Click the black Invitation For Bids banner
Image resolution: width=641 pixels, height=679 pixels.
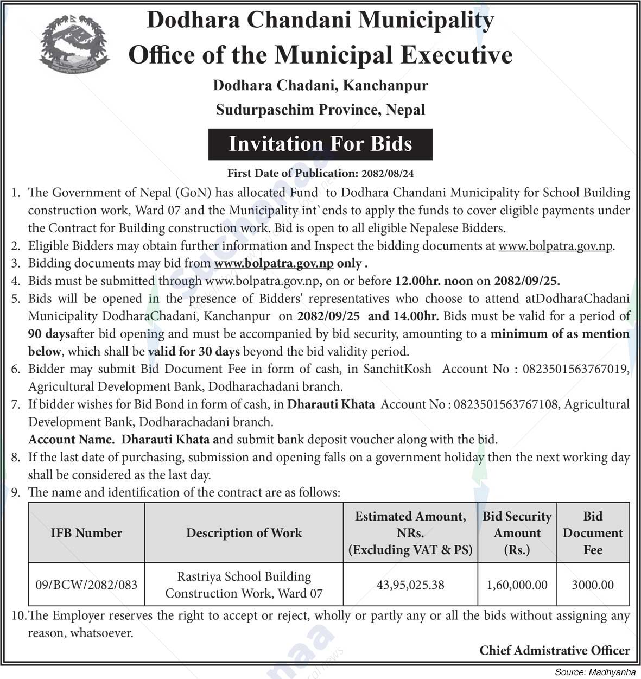point(320,144)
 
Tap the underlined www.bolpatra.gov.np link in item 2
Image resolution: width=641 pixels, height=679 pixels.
point(555,246)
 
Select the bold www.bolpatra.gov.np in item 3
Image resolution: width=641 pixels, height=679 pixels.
point(274,264)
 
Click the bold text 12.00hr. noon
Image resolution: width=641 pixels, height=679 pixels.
point(434,281)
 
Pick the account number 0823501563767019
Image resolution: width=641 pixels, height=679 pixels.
point(575,369)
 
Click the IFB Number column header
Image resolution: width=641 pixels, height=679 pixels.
point(86,533)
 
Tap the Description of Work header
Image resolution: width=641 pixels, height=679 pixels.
point(244,533)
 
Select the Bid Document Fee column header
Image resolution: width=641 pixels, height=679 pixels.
point(593,533)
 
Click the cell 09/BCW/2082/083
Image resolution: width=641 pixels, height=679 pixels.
point(86,585)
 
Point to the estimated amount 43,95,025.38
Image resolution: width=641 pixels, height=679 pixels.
point(410,585)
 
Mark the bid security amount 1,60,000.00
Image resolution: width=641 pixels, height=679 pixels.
point(517,585)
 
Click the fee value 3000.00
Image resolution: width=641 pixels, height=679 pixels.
point(593,585)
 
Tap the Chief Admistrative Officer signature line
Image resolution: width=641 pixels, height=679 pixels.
point(554,650)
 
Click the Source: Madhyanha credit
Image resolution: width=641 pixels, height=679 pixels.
point(595,672)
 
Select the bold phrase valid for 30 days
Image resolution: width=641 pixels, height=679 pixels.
point(194,352)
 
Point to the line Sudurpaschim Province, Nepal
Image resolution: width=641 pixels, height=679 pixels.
point(320,110)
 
